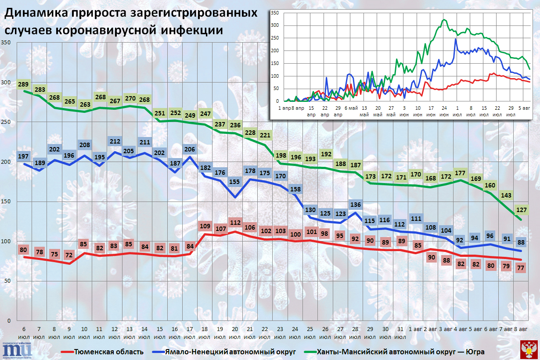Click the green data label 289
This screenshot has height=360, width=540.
click(x=23, y=84)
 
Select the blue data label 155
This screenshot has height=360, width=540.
click(x=235, y=182)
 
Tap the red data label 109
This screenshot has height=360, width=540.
click(x=205, y=226)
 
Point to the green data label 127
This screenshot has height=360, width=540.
click(x=522, y=210)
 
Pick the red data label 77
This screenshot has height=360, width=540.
click(x=521, y=268)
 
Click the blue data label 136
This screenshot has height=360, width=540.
click(x=356, y=205)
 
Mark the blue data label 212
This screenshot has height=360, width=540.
click(x=115, y=141)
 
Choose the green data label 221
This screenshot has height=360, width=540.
click(x=265, y=135)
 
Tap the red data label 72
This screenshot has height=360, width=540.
click(x=69, y=255)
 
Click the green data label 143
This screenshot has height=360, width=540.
click(x=506, y=195)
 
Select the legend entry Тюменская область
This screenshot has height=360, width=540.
click(x=102, y=352)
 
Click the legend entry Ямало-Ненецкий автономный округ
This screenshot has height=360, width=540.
click(x=224, y=352)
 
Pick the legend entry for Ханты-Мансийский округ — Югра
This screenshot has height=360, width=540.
click(x=394, y=352)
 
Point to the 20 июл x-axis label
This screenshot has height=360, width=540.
click(x=235, y=333)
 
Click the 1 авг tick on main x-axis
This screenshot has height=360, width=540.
click(x=415, y=329)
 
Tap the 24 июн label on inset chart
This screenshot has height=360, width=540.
click(x=444, y=111)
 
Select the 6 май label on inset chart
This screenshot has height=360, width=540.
click(x=351, y=108)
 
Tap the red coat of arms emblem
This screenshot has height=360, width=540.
click(x=529, y=349)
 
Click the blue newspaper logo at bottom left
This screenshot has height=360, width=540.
click(x=17, y=350)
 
